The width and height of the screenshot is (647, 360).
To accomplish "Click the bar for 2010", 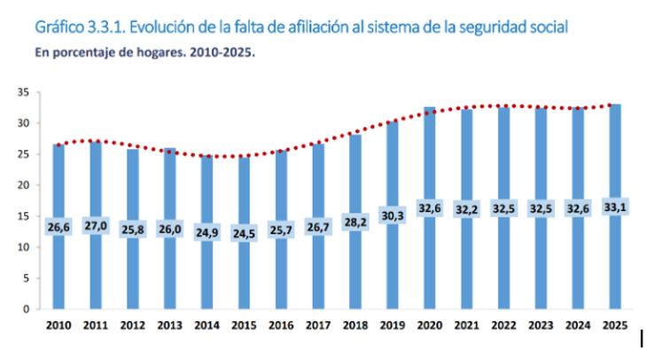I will tap(58, 266).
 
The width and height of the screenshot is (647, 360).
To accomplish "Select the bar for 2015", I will tap(244, 266).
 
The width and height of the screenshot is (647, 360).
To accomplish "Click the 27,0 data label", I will tap(95, 227).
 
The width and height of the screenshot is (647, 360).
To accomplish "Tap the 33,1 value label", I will tap(615, 207).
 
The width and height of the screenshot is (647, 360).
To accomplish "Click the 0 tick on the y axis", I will tap(27, 309).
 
